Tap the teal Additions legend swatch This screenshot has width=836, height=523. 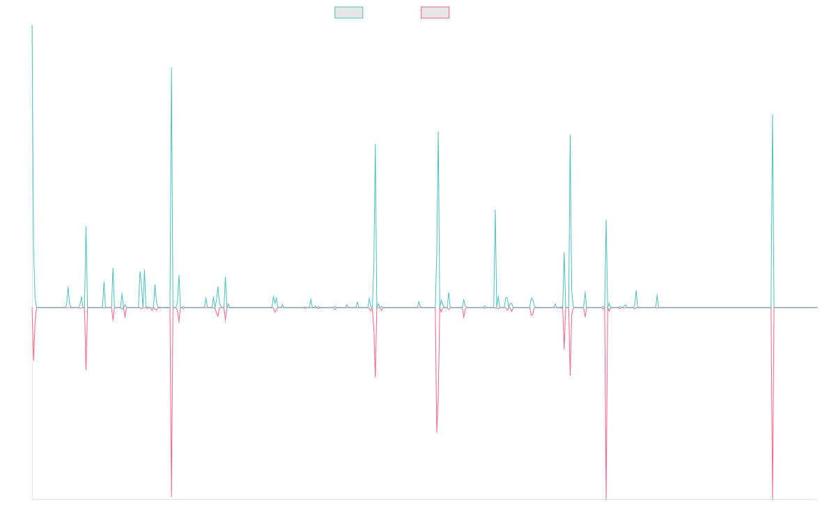[x=349, y=13]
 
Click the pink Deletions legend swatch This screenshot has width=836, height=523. [x=435, y=13]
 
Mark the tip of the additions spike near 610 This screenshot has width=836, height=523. [x=171, y=68]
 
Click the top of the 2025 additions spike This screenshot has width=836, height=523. [x=773, y=114]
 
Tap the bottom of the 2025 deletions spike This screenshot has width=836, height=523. [x=773, y=499]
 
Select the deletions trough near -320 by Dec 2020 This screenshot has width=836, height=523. [x=437, y=433]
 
